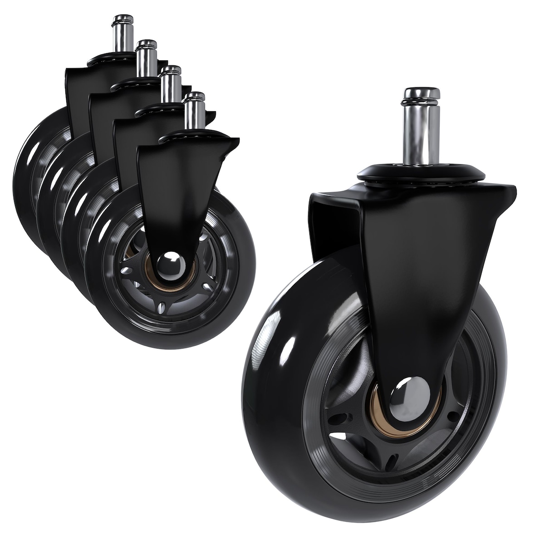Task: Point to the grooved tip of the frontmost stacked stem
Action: coord(196,96)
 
